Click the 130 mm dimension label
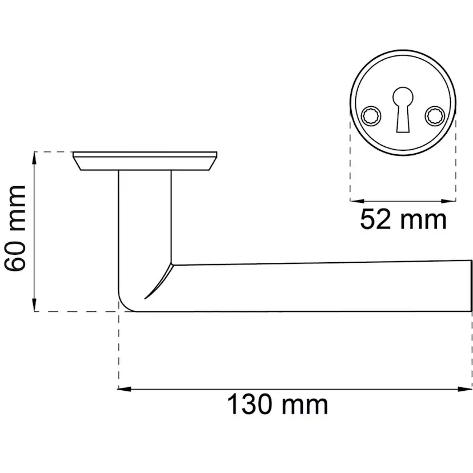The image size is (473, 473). tap(277, 405)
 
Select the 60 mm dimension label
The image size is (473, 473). tap(15, 228)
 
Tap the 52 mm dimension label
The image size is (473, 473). tap(403, 219)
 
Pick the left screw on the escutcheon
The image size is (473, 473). tap(371, 115)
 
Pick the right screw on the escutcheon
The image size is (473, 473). tap(435, 115)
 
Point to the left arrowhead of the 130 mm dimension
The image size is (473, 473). tap(124, 389)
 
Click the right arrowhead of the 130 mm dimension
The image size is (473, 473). tap(465, 389)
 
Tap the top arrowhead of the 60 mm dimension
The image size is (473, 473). tap(34, 158)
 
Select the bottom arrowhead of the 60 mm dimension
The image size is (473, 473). tap(34, 304)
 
